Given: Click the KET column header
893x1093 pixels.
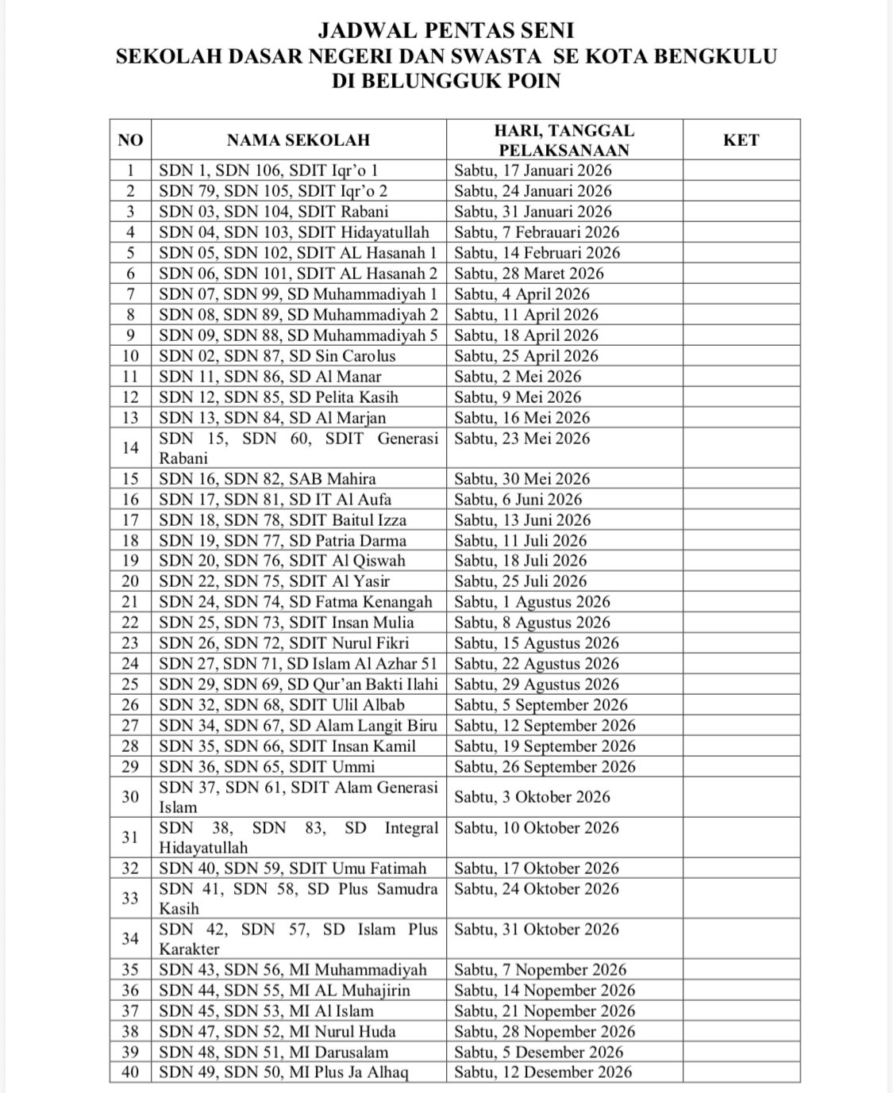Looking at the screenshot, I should point(741,140).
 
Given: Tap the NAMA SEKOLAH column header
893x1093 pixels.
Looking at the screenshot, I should point(298,140).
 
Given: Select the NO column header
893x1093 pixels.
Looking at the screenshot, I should point(130,140).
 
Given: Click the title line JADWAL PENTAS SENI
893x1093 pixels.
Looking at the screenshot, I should point(445,31).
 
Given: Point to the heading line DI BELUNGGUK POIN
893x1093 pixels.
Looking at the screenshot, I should point(445,81).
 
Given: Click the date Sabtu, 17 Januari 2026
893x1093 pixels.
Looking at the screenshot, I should point(533,171).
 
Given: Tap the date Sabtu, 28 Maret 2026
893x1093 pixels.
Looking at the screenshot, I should point(529,274).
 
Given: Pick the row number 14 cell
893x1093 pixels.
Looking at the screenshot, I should point(130,448).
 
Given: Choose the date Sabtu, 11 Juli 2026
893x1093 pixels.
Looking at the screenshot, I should point(521,541).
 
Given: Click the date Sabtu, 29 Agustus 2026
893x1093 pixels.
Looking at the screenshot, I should point(537,685).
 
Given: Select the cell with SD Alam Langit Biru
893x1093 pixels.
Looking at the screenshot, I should point(298,726).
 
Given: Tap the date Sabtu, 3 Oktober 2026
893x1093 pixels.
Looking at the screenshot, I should point(533,797).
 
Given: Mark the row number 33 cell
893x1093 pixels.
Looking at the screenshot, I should point(130,899).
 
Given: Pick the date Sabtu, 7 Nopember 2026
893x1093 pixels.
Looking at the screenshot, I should point(541,970).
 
